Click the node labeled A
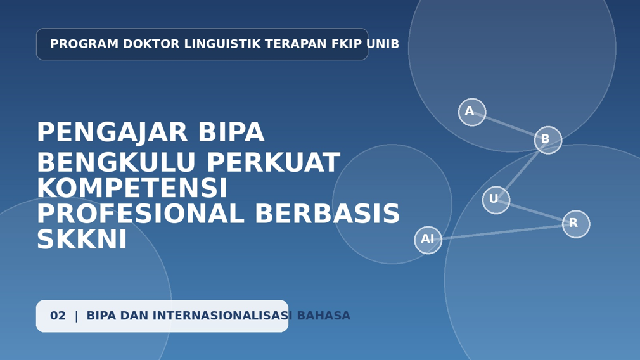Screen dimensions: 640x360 point(472,112)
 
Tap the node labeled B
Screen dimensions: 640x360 point(547,140)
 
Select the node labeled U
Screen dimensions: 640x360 point(496,200)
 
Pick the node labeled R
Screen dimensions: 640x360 point(576,224)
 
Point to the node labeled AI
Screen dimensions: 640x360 point(428,240)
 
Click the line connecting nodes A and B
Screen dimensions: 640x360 point(510,126)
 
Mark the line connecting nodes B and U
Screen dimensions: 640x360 point(522,170)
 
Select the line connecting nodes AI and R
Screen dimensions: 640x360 point(502,232)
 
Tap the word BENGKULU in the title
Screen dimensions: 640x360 point(117,162)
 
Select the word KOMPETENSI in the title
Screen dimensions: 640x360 point(132,188)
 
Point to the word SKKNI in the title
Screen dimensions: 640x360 point(82,239)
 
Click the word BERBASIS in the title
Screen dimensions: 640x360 point(328,214)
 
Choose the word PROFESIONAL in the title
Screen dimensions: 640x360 point(141,214)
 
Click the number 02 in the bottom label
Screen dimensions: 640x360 point(58,316)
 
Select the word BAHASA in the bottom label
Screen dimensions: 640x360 point(324,316)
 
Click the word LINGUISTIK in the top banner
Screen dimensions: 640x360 point(222,44)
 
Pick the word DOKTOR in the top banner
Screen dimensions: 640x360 point(151,44)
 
